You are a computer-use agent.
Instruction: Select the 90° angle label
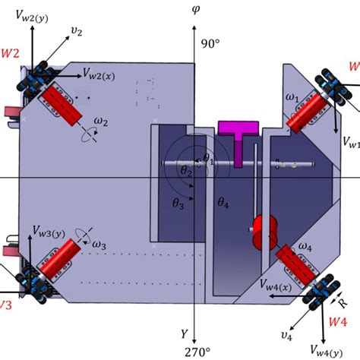click(209, 45)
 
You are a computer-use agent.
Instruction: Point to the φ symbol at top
click(195, 10)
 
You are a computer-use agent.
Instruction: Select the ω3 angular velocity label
click(99, 245)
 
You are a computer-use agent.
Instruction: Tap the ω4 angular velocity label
click(305, 248)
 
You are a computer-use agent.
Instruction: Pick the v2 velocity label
click(76, 31)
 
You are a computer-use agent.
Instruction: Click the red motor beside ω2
click(65, 104)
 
